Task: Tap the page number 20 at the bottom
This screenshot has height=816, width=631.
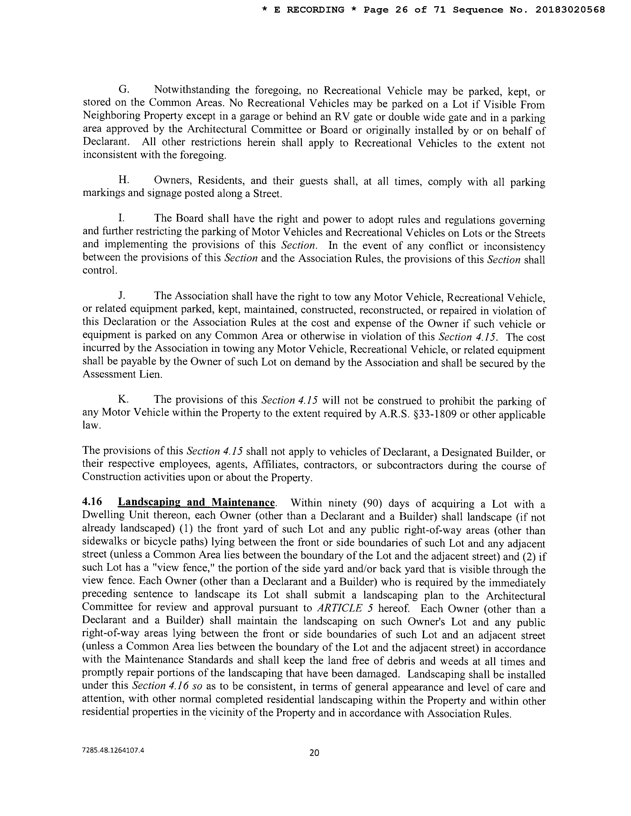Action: (314, 752)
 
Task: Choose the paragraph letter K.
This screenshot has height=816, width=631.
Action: (124, 399)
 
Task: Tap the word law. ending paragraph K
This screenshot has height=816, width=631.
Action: (92, 426)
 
